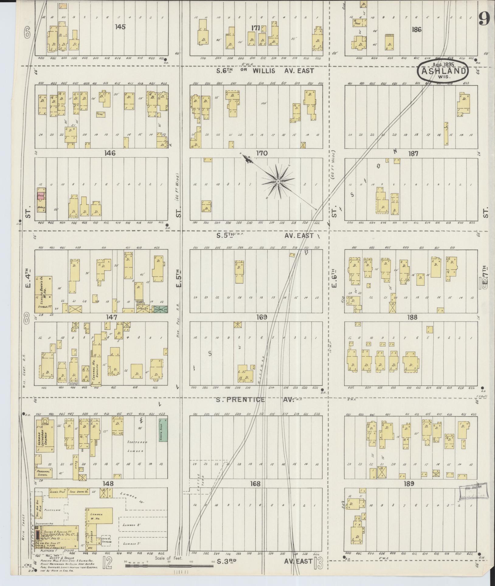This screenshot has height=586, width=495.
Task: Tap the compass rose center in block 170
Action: [x=278, y=182]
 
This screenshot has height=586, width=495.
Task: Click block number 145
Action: [x=120, y=27]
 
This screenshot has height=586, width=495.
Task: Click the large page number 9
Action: [x=485, y=19]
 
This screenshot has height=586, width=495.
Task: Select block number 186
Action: [x=416, y=29]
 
